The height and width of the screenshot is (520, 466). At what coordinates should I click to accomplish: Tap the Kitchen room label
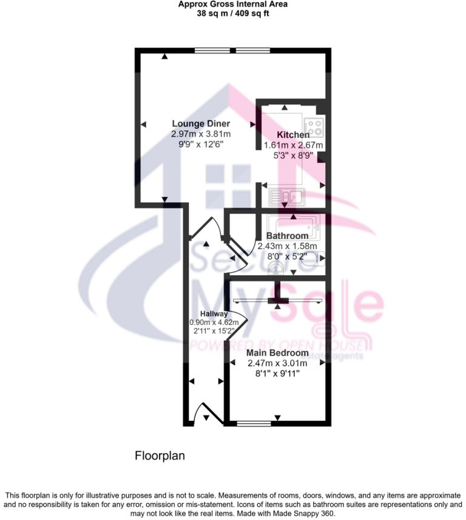293,135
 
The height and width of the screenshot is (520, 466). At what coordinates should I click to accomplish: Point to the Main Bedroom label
277,352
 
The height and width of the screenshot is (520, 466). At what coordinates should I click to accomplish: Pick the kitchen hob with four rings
313,127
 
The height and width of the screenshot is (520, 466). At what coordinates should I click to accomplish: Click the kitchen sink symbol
286,196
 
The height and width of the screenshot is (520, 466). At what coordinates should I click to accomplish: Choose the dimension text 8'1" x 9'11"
277,374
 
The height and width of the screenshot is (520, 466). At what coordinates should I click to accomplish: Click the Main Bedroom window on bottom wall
254,423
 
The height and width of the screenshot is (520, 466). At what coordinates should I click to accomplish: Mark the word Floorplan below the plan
159,455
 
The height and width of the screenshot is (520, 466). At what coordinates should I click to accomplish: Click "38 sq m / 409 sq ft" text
233,13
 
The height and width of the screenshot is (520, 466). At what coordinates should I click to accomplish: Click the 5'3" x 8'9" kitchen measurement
293,156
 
